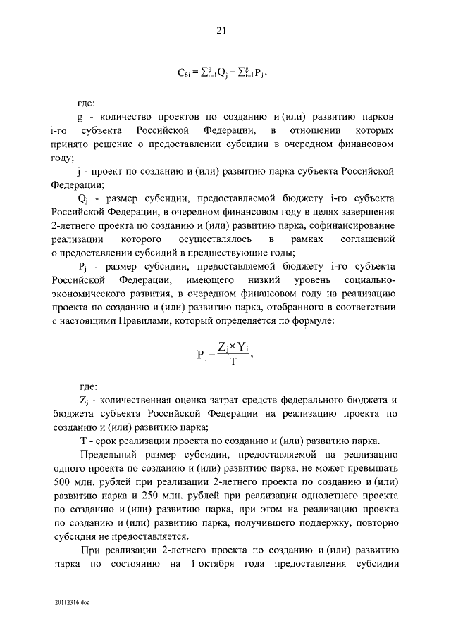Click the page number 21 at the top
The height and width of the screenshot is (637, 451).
[x=220, y=30]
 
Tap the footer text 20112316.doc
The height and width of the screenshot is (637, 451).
[x=71, y=603]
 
